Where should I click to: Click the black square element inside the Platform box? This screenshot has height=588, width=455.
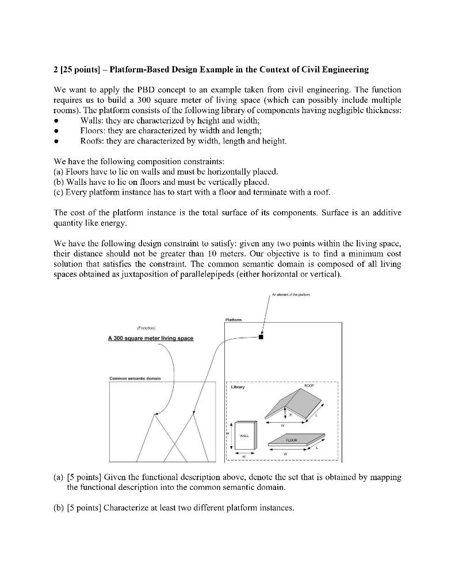261,337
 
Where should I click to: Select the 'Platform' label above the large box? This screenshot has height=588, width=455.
234,320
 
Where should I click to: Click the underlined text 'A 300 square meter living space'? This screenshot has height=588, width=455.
151,338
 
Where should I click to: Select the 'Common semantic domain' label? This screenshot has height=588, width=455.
135,378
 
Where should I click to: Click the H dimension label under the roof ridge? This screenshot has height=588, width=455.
290,413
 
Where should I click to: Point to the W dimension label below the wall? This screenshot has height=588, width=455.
243,458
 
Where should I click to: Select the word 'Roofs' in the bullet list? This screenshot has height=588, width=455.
91,141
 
